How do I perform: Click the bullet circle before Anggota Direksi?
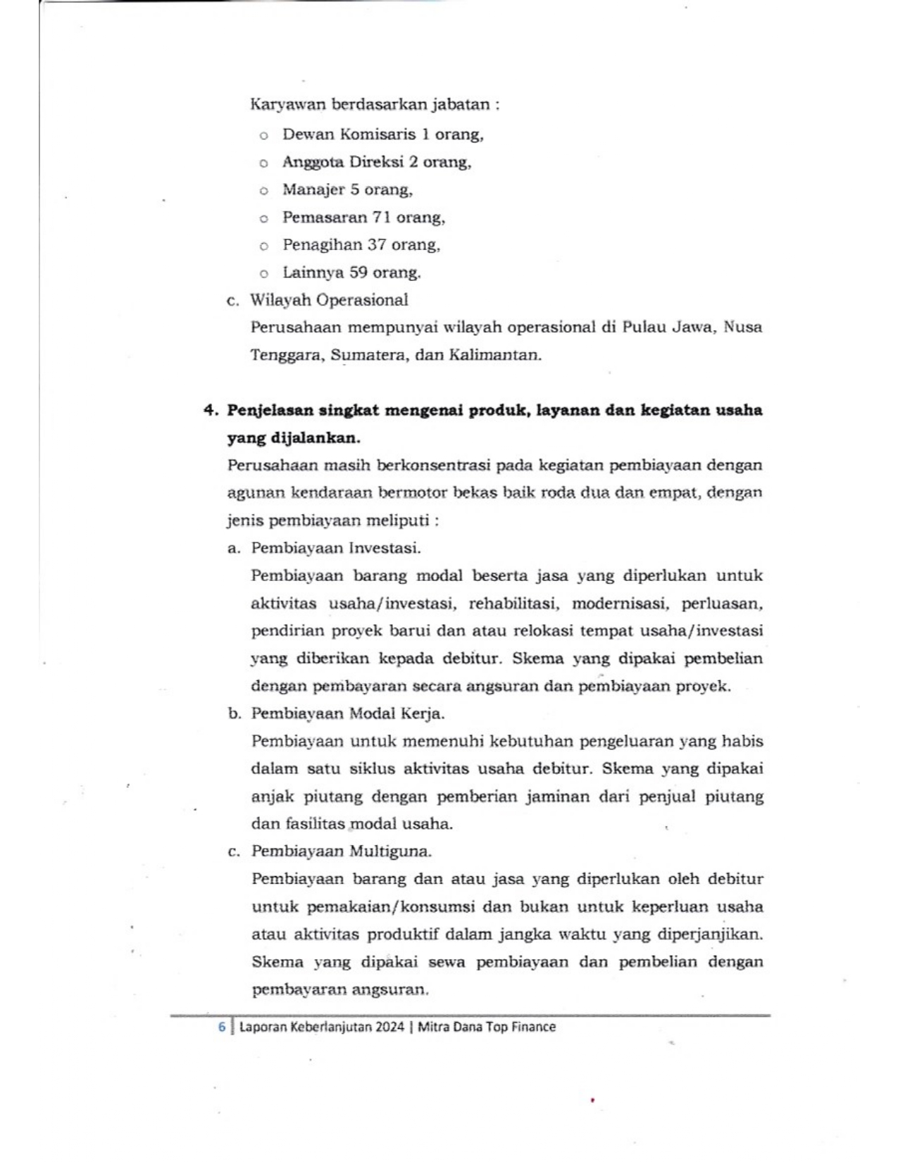263,163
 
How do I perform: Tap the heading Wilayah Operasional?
329,300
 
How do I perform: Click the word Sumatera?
366,355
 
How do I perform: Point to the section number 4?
208,411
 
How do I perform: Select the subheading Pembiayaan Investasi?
336,548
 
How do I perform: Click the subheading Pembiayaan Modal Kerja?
348,713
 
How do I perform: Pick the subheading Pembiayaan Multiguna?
342,851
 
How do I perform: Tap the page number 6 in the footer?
222,1027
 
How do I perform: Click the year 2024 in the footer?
389,1027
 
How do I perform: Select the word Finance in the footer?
532,1027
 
